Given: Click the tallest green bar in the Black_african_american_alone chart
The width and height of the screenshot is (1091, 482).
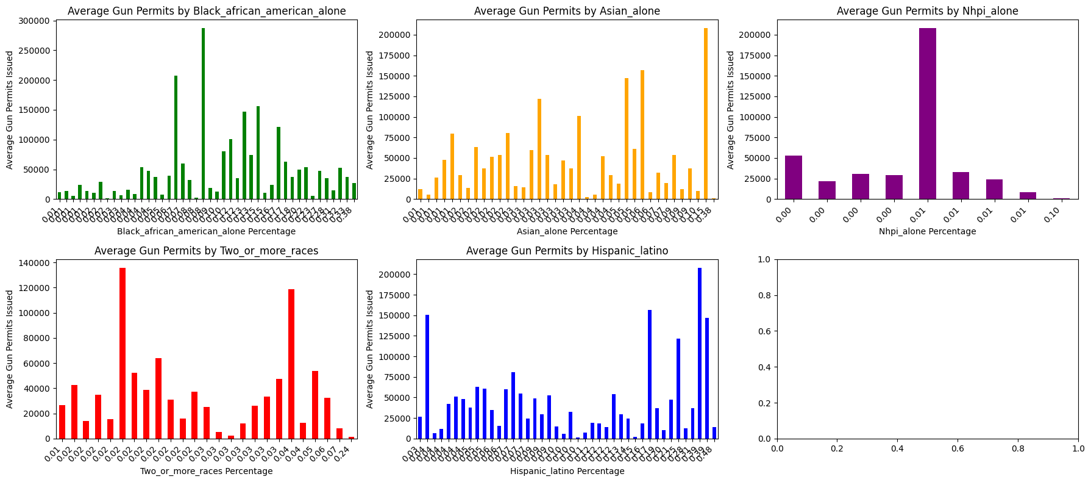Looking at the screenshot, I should tap(204, 113).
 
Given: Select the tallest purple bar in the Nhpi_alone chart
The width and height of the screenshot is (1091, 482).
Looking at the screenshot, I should tap(928, 113).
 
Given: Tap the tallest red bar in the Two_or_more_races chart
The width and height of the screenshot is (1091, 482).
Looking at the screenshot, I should tap(123, 353).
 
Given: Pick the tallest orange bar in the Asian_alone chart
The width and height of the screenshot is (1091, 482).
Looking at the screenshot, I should tap(706, 113).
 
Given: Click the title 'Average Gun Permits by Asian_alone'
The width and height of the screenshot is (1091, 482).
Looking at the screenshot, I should tap(567, 11).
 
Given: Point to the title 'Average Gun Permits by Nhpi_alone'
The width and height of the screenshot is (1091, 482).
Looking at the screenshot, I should tap(927, 11).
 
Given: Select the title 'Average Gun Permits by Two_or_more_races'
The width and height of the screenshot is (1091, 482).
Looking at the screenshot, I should tap(206, 251).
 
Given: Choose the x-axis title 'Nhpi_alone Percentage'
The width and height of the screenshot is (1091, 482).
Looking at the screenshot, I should tap(927, 231).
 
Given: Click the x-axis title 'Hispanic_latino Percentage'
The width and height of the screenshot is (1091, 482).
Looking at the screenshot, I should tap(567, 471).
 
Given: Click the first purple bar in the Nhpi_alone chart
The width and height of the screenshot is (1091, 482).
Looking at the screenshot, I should tap(794, 177).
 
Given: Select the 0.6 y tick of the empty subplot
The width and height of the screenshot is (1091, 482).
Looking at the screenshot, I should tap(766, 331).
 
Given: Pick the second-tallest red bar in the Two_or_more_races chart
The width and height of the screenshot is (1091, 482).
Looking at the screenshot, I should tap(291, 364).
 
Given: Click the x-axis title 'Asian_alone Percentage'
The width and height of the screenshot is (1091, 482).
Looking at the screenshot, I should tap(567, 231).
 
